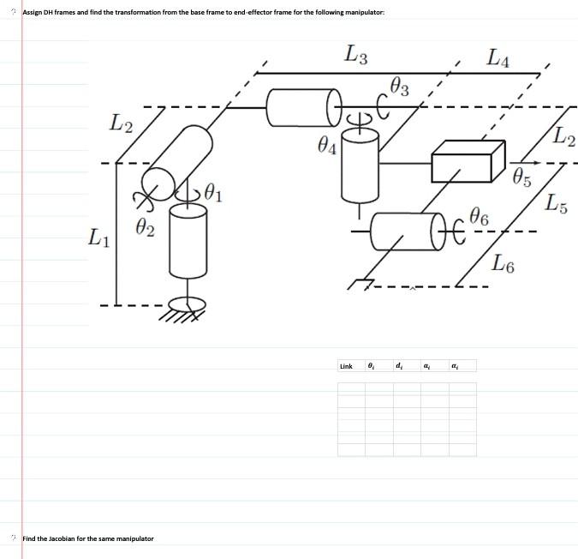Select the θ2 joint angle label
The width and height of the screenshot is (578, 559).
tap(146, 228)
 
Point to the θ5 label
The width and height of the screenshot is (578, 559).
tap(521, 179)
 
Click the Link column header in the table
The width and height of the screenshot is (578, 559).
tap(346, 366)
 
